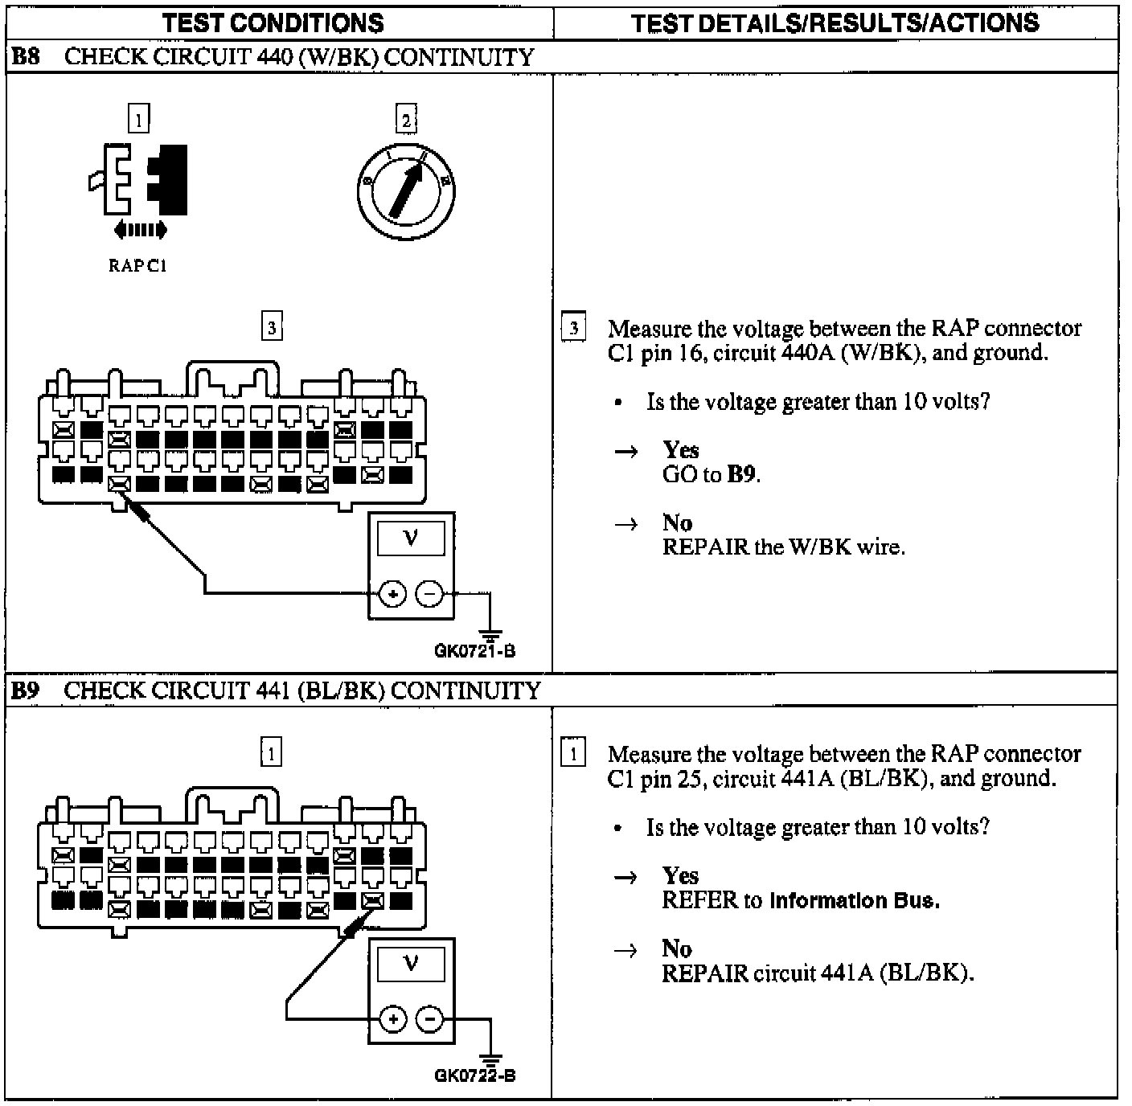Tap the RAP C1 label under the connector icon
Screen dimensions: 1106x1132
tap(137, 266)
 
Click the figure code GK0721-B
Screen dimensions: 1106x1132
tap(475, 651)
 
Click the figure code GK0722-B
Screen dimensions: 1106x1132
tap(475, 1075)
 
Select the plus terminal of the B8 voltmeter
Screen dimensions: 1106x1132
tap(392, 595)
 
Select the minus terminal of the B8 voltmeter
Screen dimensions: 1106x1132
tap(429, 595)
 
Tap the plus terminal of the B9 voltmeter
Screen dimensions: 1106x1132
tap(392, 1019)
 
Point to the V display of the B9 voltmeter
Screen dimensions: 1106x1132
tap(411, 962)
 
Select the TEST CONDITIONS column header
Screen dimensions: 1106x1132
tap(273, 23)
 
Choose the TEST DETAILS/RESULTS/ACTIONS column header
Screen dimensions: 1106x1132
tap(835, 23)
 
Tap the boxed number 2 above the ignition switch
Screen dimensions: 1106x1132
tap(406, 121)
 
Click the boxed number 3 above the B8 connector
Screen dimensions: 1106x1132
tap(272, 328)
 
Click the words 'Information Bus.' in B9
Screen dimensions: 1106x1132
tap(855, 900)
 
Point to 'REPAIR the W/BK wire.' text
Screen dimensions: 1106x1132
tap(783, 547)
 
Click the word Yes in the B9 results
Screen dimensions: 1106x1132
tap(680, 875)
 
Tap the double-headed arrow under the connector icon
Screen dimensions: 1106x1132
tap(141, 231)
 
